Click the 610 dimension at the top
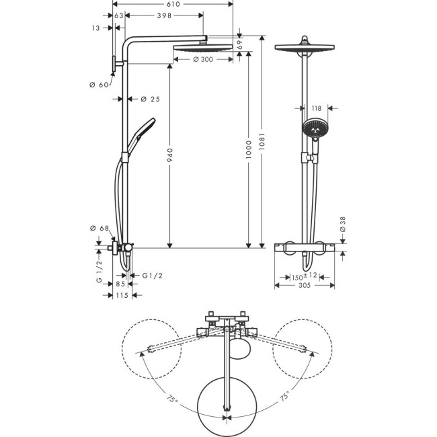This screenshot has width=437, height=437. click(x=173, y=5)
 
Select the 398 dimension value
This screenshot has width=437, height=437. click(x=162, y=15)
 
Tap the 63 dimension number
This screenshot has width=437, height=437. click(x=119, y=15)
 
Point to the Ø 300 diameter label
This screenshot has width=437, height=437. click(x=202, y=60)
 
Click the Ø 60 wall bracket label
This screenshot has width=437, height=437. click(x=99, y=85)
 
